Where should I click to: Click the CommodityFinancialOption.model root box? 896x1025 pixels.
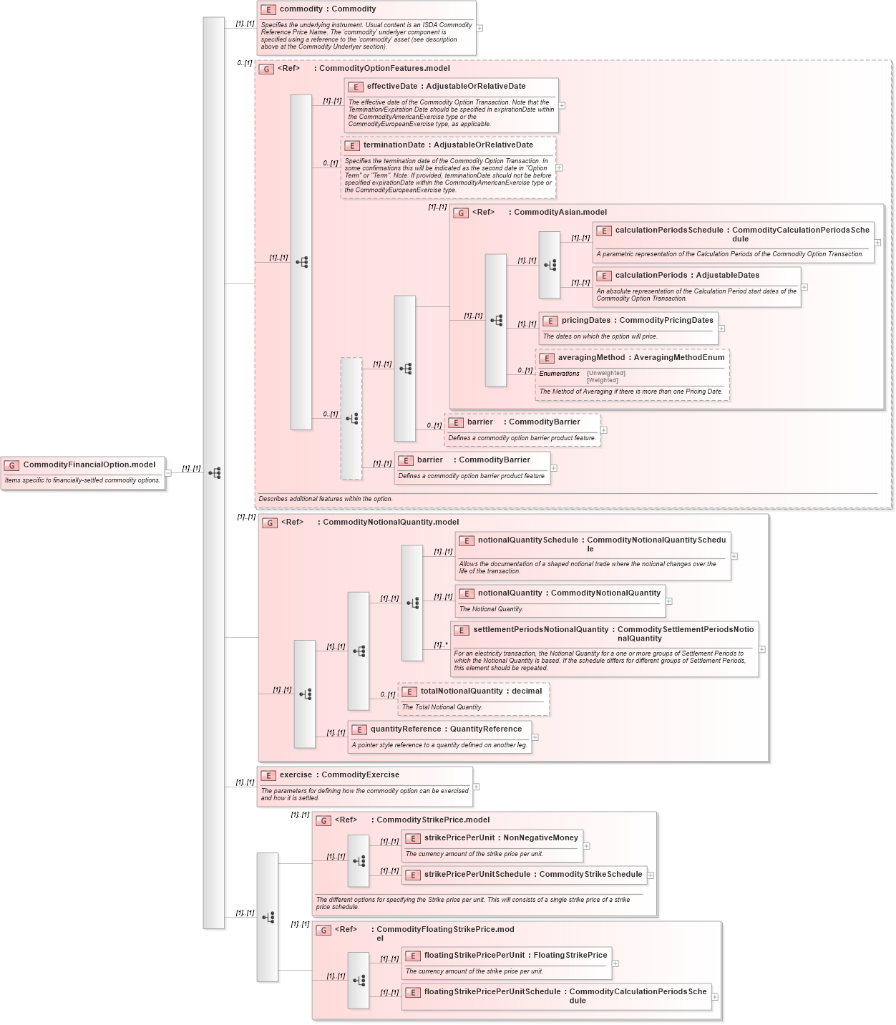(x=89, y=465)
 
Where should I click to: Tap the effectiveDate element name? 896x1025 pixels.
(x=392, y=87)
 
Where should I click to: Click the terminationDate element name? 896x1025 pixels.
(x=394, y=145)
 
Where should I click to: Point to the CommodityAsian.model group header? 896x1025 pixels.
(x=560, y=213)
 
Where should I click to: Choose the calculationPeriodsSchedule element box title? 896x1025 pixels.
(x=669, y=230)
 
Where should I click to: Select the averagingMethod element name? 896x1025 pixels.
(x=591, y=358)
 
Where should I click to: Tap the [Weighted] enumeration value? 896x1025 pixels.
(x=603, y=381)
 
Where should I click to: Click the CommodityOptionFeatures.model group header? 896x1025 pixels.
(x=384, y=69)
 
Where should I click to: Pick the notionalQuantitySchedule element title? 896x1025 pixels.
(x=527, y=540)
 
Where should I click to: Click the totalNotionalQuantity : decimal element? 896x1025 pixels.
(x=481, y=691)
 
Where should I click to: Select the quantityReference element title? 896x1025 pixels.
(x=406, y=729)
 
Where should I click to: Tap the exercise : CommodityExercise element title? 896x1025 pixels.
(x=339, y=775)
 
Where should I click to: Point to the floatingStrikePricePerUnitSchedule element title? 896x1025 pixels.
(x=492, y=992)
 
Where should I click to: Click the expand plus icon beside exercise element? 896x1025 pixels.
(x=477, y=787)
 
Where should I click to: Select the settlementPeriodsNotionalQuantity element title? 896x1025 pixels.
(x=540, y=630)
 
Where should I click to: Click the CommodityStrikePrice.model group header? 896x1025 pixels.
(x=433, y=820)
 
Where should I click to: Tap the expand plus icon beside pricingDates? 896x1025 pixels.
(x=722, y=329)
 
